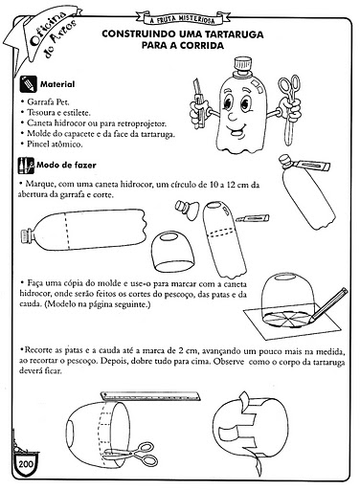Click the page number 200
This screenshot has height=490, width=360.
point(26,463)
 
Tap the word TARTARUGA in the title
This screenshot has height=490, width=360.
point(234,34)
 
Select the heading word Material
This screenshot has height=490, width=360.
point(57,84)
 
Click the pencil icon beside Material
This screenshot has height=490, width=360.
point(28,84)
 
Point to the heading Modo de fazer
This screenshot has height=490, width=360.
point(66,165)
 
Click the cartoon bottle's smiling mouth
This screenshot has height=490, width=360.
point(236,130)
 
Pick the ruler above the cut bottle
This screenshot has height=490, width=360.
point(150,396)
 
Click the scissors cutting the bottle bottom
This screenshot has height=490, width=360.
point(134,454)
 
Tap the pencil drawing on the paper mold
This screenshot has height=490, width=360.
point(328,304)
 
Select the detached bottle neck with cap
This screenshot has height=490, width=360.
point(187,210)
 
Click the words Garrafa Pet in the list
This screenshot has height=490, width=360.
point(48,102)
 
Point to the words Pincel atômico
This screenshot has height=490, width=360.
point(55,144)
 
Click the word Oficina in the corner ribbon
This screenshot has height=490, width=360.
point(48,28)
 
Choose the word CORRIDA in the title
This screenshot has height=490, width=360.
point(202,46)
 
